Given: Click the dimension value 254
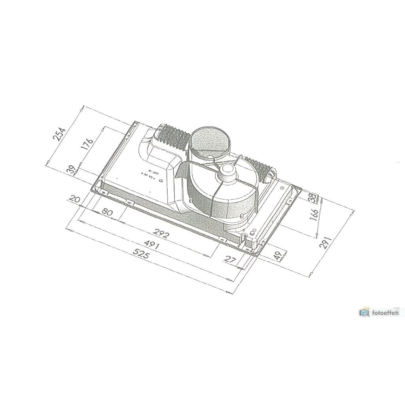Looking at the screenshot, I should click(x=59, y=134).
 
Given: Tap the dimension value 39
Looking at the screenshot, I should click(x=71, y=170).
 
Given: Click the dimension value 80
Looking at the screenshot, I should click(x=107, y=212).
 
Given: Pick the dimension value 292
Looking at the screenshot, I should click(x=161, y=235).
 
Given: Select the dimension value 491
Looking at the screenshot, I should click(x=151, y=246).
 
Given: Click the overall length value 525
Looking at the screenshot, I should click(x=141, y=255).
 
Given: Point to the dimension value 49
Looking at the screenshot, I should click(x=278, y=256).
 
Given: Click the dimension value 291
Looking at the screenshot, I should click(x=325, y=240).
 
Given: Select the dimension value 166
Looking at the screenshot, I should click(x=314, y=214).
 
